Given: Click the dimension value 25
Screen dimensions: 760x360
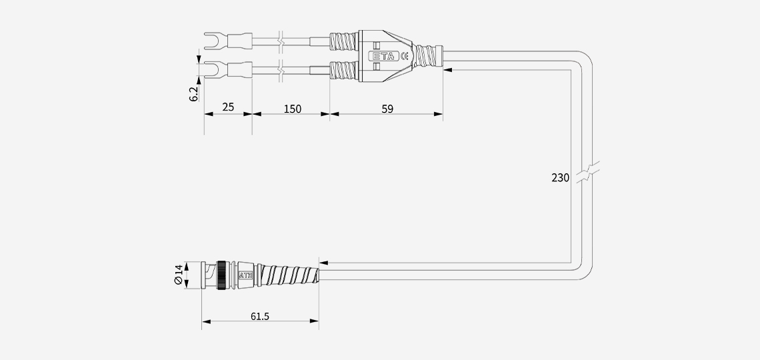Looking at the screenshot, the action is click(x=228, y=107).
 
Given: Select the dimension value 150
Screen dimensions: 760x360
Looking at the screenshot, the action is click(x=292, y=109).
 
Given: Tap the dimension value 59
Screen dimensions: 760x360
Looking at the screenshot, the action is click(x=387, y=109).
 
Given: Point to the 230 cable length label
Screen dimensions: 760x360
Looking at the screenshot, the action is click(x=560, y=178).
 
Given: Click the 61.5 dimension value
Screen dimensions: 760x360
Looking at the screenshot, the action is click(x=260, y=317).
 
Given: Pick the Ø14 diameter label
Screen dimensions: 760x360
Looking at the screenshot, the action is click(x=179, y=275).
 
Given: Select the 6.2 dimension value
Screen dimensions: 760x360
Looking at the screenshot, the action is click(x=194, y=94).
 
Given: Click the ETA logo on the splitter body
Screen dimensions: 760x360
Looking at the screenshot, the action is click(x=384, y=56).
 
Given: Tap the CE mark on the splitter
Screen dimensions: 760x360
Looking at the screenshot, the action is click(x=404, y=56).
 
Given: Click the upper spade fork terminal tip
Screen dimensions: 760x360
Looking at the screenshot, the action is click(x=205, y=41).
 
